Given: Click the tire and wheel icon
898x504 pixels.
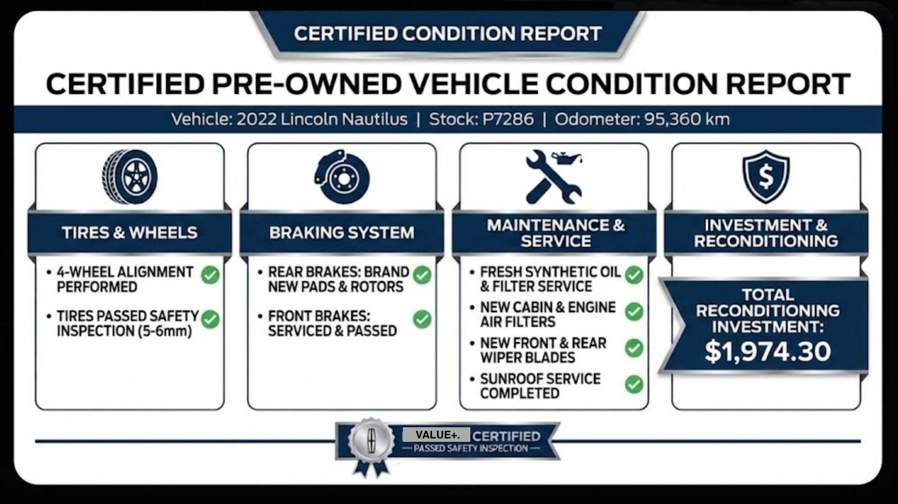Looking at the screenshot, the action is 129,177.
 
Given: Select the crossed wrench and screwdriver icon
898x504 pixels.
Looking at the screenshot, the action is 554,177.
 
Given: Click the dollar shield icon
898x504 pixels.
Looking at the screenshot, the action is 766,176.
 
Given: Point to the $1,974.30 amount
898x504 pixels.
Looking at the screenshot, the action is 768,351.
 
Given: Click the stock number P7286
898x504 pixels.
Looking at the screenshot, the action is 508,119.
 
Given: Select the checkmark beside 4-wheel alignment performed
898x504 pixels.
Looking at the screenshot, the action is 210,275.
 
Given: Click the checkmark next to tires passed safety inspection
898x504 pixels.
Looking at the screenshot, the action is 210,319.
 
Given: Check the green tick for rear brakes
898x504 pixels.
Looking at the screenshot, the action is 422,275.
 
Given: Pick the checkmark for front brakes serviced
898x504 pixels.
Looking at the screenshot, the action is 422,319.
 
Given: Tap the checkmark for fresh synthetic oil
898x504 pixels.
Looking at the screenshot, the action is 634,275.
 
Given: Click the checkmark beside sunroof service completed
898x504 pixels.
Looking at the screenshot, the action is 634,384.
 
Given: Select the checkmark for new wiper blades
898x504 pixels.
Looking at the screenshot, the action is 634,348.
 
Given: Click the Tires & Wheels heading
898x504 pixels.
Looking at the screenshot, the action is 129,233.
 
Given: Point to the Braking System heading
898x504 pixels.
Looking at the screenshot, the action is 342,233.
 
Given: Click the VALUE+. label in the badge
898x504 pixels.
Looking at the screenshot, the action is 437,435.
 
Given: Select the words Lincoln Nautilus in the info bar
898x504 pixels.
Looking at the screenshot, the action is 344,119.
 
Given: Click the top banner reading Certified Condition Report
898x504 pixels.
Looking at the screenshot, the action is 448,34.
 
